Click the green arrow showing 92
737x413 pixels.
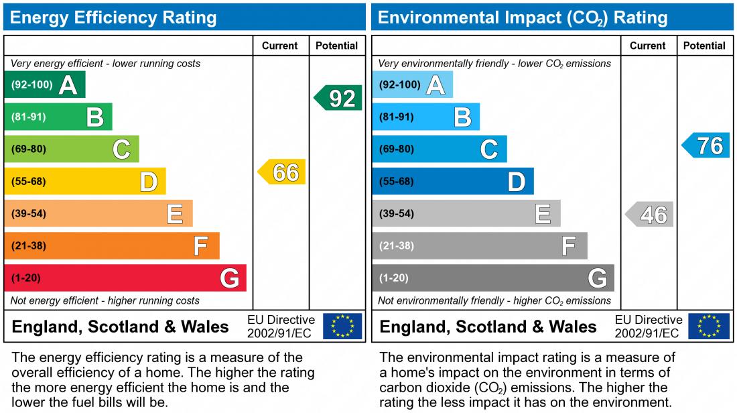(339, 98)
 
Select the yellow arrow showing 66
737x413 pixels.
(283, 172)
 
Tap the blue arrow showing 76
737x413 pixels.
(707, 145)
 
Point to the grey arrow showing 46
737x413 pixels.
(651, 215)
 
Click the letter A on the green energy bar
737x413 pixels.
(68, 85)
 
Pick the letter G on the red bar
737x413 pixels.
(229, 278)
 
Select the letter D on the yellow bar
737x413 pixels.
(148, 182)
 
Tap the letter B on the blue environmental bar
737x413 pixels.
(462, 117)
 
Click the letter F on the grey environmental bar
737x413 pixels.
(569, 246)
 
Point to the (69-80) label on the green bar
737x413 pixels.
(29, 150)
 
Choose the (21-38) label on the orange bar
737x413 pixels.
(29, 246)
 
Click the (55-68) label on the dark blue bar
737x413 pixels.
(397, 182)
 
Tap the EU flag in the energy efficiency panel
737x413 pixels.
(342, 327)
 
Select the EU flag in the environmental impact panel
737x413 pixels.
(710, 327)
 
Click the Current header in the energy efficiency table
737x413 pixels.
(280, 46)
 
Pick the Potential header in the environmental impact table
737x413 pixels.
(704, 46)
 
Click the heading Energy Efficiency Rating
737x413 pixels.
(113, 17)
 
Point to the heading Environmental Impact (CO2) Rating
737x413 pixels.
(523, 17)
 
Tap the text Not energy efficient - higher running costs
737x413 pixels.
(105, 300)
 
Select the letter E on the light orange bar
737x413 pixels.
(175, 214)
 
